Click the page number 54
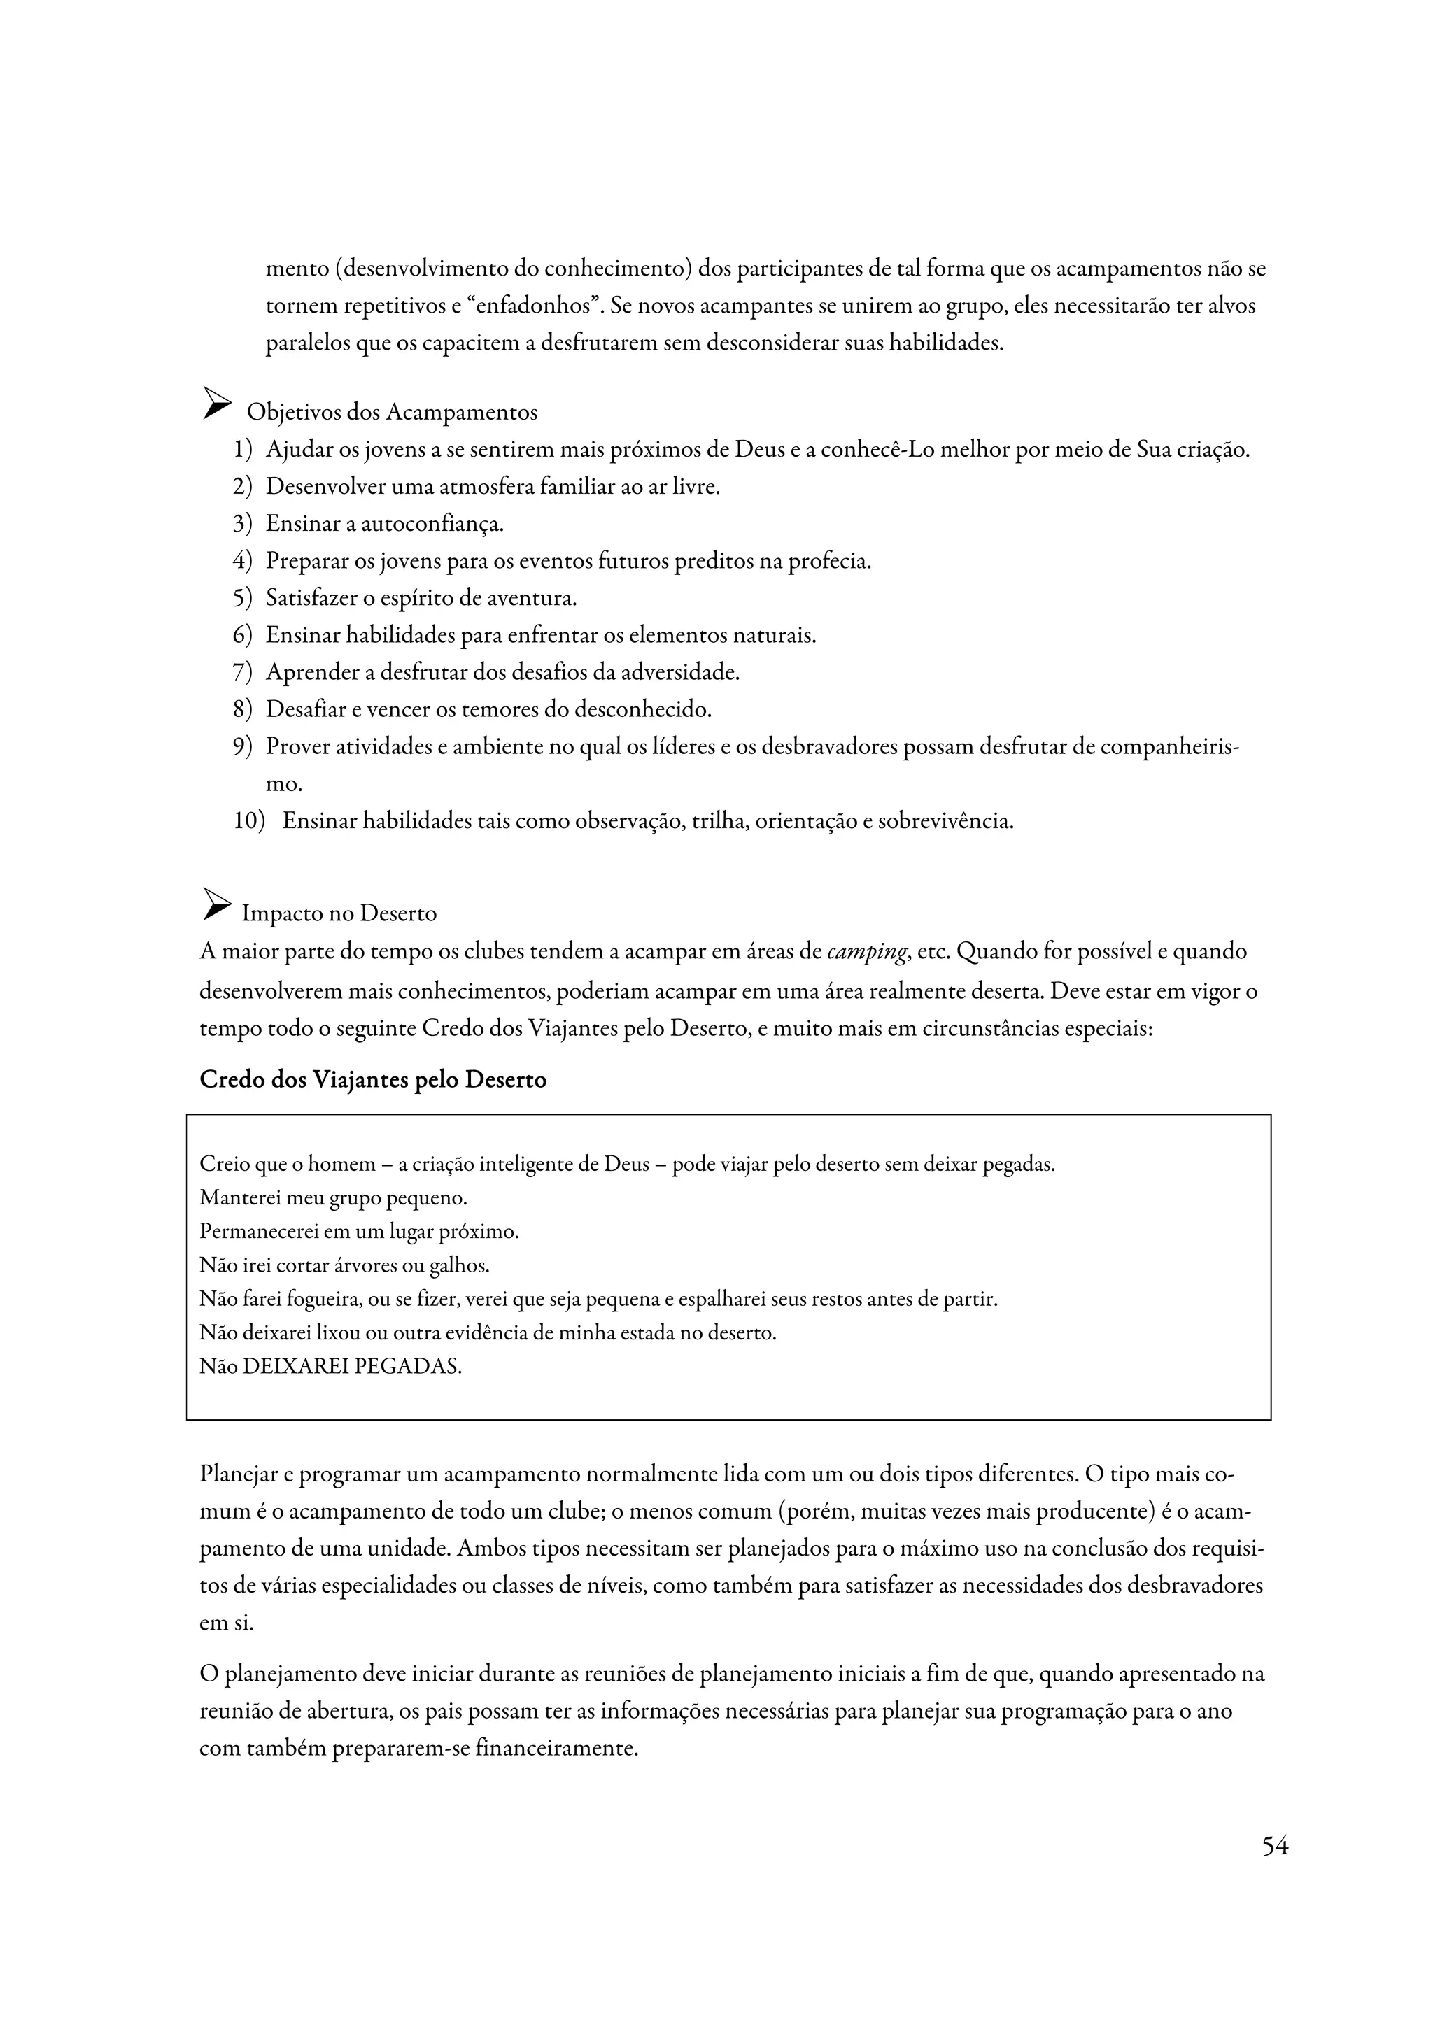click(1274, 1846)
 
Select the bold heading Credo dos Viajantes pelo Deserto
click(373, 1080)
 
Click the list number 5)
click(243, 599)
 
